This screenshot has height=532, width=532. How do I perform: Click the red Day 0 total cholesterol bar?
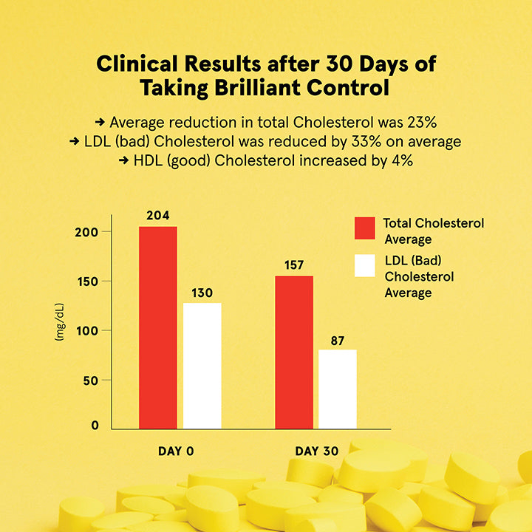(158, 328)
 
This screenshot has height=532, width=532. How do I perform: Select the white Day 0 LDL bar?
(202, 366)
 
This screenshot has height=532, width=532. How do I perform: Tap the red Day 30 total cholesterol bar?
(294, 352)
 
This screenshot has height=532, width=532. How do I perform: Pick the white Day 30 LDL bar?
(338, 389)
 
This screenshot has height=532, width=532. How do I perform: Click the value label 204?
(158, 216)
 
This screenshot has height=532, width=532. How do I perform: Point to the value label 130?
(202, 293)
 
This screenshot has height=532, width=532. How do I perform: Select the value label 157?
(294, 265)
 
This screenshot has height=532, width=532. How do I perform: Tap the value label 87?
(338, 341)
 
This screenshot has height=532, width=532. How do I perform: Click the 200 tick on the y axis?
(86, 233)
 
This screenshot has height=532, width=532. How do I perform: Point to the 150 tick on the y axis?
(87, 282)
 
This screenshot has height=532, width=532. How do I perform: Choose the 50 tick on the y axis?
(91, 381)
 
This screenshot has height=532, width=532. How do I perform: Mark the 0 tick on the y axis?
(95, 426)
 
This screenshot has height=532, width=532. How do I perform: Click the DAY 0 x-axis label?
(176, 451)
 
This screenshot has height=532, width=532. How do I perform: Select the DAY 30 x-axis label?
(317, 451)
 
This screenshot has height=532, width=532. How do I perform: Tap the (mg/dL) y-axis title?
(59, 322)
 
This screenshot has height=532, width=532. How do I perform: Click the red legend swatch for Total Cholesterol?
(365, 228)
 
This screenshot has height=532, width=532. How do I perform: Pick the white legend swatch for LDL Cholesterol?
(365, 266)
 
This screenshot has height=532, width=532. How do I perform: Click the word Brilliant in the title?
(258, 88)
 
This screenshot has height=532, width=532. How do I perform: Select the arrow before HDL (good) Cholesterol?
(124, 160)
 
